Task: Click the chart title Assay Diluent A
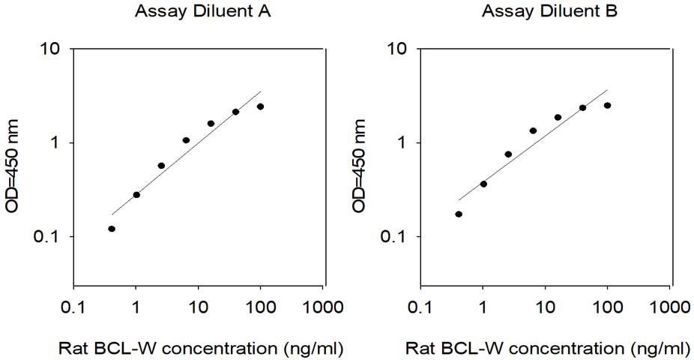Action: click(202, 11)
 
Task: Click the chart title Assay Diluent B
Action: click(549, 11)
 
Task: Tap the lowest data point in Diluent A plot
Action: click(112, 229)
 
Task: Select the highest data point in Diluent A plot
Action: click(260, 106)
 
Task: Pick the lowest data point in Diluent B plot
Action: click(459, 214)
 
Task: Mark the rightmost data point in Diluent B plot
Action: click(607, 106)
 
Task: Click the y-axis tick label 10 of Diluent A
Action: click(52, 49)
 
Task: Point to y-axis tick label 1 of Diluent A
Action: click(55, 142)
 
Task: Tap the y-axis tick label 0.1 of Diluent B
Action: click(393, 236)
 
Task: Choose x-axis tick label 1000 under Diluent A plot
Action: click(323, 307)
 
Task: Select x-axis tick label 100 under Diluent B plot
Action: click(608, 307)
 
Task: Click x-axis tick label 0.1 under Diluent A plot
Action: click(73, 307)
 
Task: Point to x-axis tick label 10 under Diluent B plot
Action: click(546, 307)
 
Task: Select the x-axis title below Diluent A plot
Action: click(201, 349)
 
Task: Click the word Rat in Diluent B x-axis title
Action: click(418, 349)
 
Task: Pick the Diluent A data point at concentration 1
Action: click(136, 195)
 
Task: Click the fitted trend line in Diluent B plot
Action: click(533, 145)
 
